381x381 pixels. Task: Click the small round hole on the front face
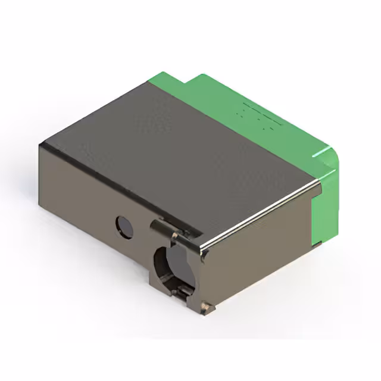click(124, 227)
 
